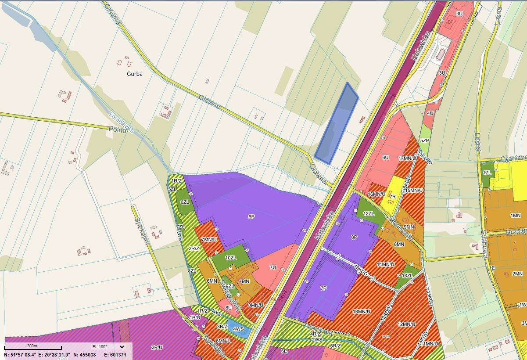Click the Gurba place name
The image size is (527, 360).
(x=134, y=74)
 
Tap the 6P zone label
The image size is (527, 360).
(x=251, y=216)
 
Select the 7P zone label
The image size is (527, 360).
(x=323, y=288)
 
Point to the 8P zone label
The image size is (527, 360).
(x=354, y=237)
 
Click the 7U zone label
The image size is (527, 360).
(x=273, y=267)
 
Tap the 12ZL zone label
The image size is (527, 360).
(x=368, y=213)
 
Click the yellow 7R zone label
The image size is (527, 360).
(x=392, y=196)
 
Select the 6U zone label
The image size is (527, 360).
(x=385, y=157)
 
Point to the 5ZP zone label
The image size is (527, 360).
(x=424, y=140)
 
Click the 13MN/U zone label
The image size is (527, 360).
(x=362, y=312)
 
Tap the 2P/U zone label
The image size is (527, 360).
(x=157, y=347)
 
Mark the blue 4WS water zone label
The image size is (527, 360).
(x=238, y=329)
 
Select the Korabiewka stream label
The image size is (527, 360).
(x=122, y=123)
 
